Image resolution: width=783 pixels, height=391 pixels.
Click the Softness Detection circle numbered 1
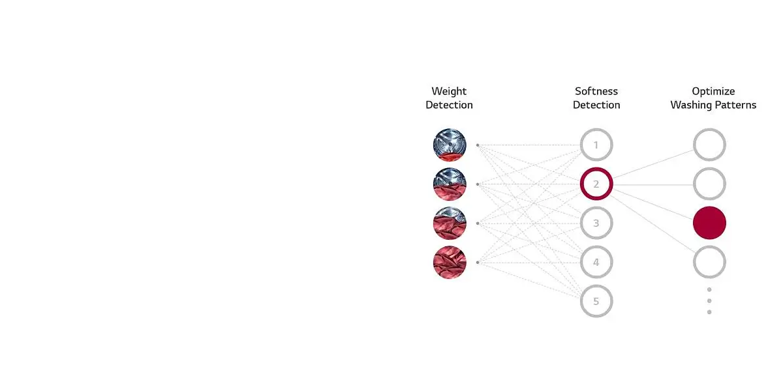596,145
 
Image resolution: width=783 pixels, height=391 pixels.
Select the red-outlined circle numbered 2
596,184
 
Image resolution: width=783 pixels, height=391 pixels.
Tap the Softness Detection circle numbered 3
596,223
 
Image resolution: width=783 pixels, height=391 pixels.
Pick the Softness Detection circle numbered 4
596,262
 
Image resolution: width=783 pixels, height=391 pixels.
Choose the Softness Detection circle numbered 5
596,301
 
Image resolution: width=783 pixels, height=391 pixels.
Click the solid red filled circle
710,223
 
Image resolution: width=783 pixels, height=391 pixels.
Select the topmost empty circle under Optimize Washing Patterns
710,145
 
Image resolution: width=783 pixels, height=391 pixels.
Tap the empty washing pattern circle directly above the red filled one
710,184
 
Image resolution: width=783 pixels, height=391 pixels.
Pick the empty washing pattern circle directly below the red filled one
710,262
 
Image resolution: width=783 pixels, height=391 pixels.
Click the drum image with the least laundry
450,145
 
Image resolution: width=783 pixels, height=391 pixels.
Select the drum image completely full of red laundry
450,262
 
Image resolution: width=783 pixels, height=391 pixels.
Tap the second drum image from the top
450,184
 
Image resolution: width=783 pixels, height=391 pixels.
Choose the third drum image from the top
450,223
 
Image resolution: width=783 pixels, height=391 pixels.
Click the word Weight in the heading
449,91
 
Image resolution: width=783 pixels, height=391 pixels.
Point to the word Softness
596,91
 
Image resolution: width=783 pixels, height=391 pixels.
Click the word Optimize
713,91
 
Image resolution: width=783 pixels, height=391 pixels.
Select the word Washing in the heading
690,105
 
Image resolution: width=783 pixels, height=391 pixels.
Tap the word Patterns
735,105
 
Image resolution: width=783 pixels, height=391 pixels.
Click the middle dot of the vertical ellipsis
709,301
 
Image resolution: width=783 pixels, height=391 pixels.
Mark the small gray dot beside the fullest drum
478,262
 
